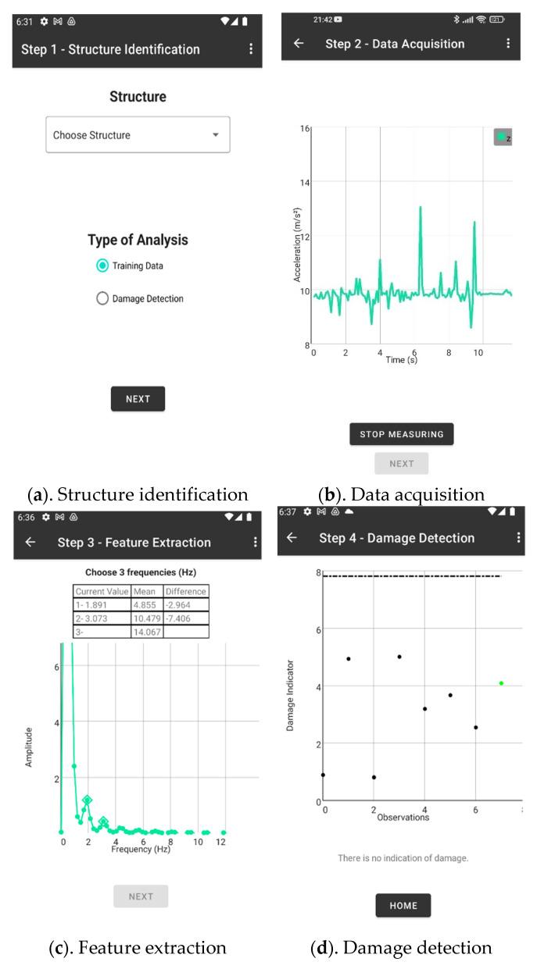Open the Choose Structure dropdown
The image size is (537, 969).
pos(138,135)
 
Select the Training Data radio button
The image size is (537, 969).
pos(102,266)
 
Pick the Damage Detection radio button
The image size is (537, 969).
pos(102,298)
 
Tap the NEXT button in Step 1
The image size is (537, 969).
pos(138,399)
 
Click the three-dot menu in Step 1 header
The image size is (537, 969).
pos(251,49)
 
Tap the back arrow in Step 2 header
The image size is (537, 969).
pos(298,44)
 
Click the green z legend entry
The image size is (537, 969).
pos(502,137)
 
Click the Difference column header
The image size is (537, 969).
pos(186,592)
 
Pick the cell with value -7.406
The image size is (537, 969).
pos(186,618)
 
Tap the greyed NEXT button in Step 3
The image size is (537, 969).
pos(141,896)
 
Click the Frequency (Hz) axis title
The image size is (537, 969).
pos(141,849)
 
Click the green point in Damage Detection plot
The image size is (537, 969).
pos(501,683)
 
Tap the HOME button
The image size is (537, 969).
pos(403,906)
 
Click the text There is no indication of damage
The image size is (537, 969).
pos(403,858)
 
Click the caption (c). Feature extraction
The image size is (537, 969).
pos(138,948)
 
